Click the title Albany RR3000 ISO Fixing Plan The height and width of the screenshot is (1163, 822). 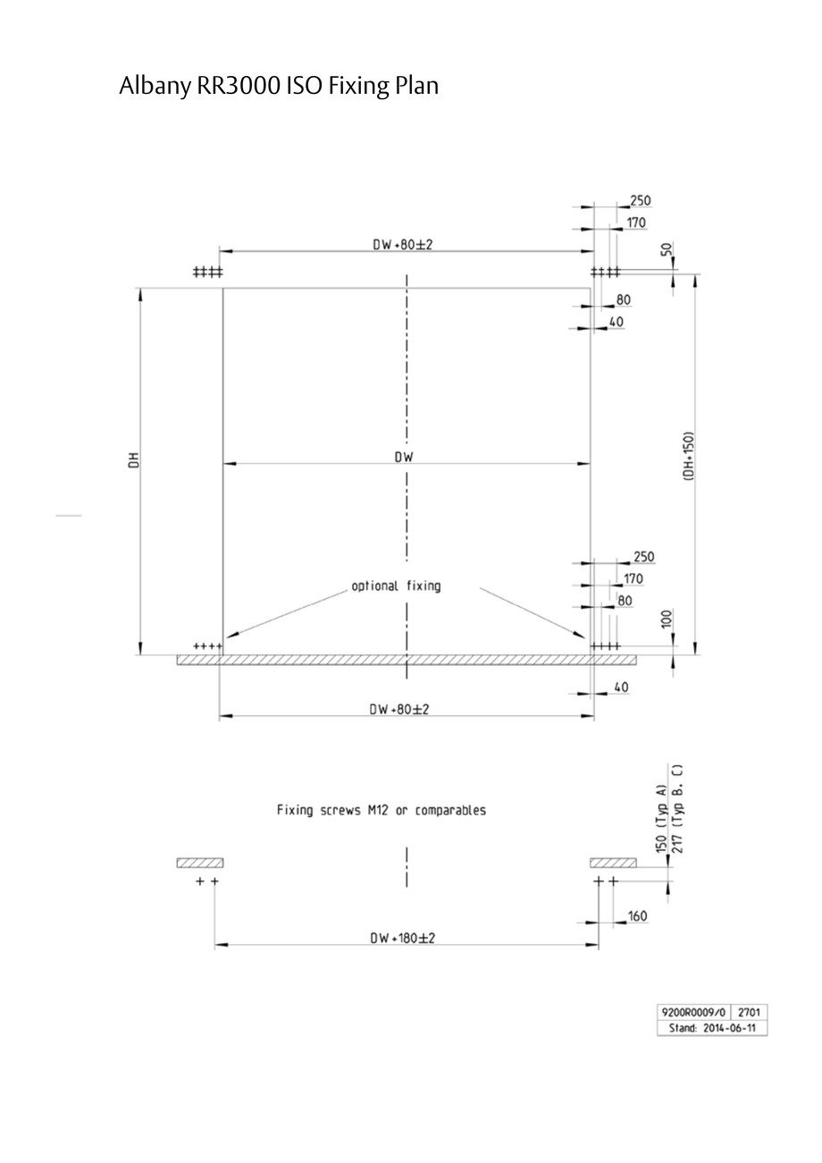coord(279,86)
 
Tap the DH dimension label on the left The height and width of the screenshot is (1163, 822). coord(134,460)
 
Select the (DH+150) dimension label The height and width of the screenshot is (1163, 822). coord(689,457)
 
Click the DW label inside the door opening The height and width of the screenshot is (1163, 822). coord(404,458)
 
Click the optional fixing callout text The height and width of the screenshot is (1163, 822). coord(396,586)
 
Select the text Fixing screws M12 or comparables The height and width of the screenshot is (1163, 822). coord(382,811)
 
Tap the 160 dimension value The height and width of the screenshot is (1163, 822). coord(637,916)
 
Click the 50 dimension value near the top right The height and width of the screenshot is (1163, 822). coord(667,249)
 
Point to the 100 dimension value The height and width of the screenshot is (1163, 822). coord(667,619)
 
